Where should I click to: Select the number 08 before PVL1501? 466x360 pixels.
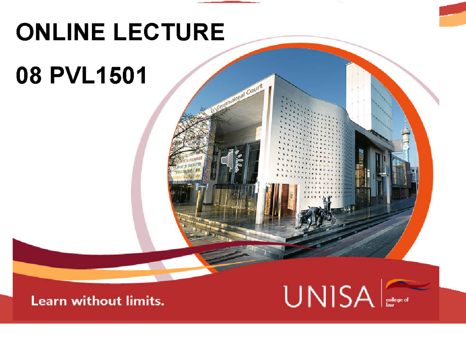[28, 76]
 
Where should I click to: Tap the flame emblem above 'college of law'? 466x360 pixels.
[408, 285]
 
